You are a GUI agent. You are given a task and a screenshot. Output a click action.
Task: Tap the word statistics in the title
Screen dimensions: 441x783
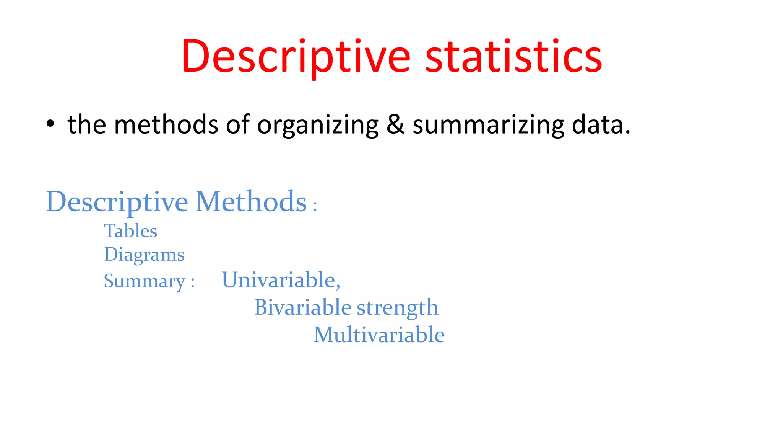(513, 57)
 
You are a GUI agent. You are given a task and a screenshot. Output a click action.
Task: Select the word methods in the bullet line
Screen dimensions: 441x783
(166, 124)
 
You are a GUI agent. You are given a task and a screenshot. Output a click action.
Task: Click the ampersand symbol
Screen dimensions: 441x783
(395, 124)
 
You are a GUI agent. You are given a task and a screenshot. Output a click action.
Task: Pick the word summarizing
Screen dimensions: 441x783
(488, 125)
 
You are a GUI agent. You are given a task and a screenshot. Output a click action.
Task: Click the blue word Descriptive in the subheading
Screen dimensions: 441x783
(117, 202)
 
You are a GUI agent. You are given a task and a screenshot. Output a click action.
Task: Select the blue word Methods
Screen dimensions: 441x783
(251, 201)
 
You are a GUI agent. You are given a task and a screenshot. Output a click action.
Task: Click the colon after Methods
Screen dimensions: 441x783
(315, 206)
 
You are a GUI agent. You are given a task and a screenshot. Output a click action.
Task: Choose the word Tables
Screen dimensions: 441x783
(131, 231)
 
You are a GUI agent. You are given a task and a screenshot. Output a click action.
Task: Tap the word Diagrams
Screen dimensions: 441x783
(145, 255)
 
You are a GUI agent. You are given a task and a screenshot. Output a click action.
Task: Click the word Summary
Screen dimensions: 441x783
(145, 281)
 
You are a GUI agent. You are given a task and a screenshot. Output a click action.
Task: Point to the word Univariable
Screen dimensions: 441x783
(280, 280)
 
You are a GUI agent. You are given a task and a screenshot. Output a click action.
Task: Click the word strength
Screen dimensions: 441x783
(398, 308)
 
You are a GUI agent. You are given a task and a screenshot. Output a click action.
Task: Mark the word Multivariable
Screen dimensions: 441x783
(379, 335)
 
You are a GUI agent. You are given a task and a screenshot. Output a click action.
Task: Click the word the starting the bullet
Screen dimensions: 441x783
(87, 124)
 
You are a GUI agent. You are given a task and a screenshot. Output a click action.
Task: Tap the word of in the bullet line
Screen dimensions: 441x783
(237, 124)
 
